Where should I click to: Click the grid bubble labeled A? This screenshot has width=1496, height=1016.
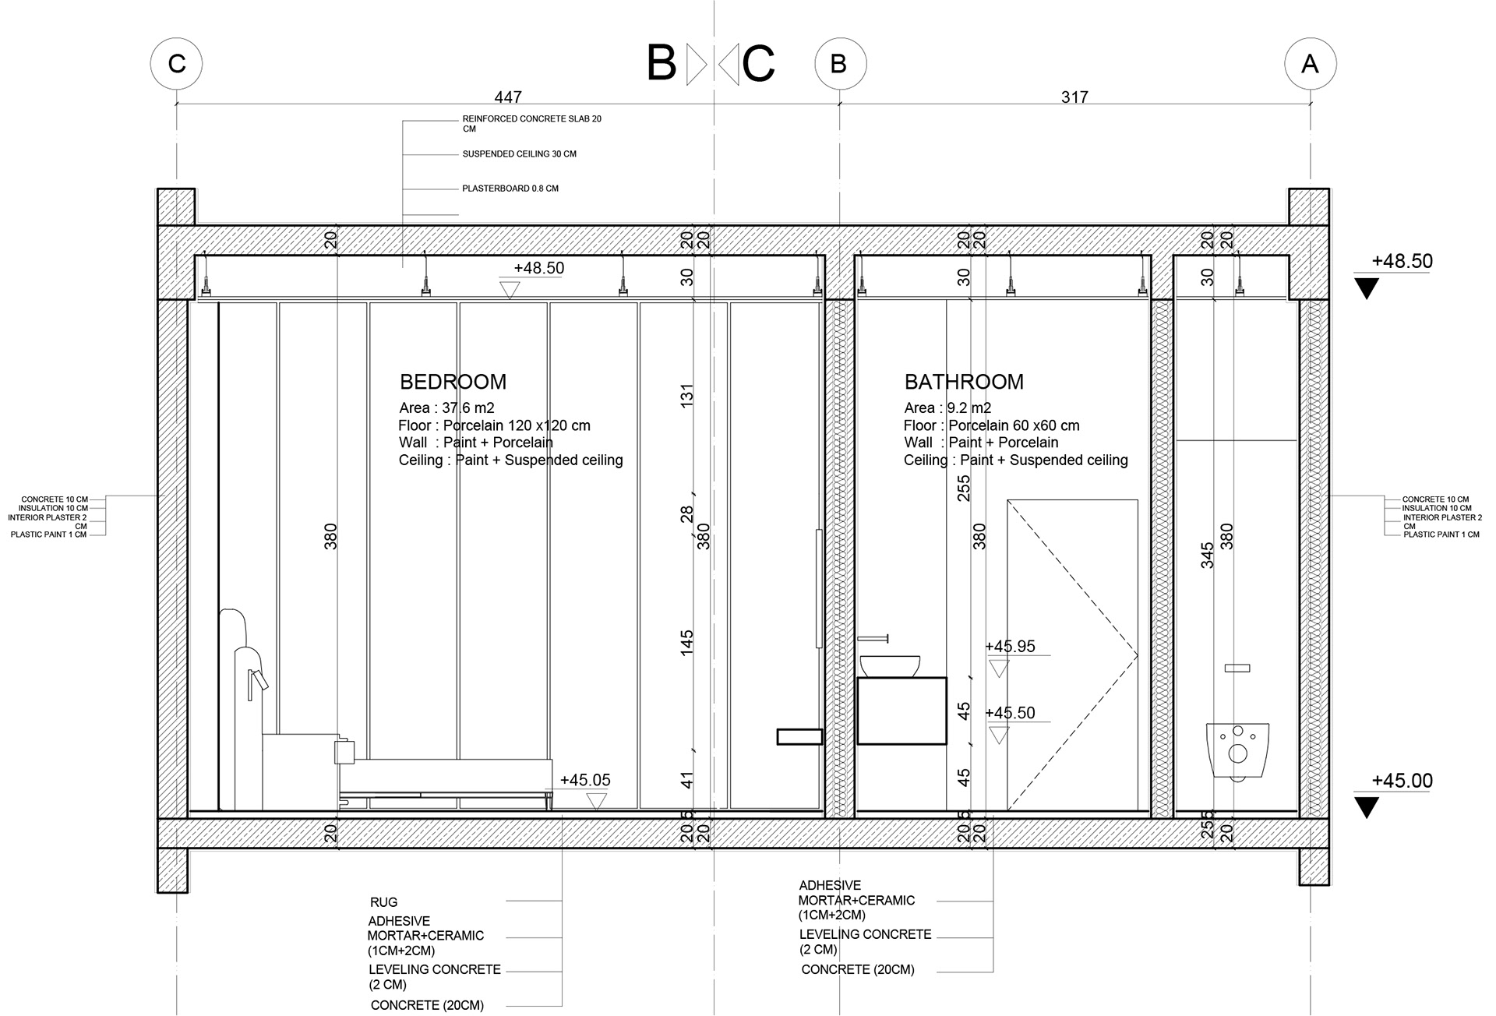point(1310,63)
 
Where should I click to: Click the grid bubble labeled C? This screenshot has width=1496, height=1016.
point(177,63)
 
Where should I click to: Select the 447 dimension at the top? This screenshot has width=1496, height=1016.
point(507,97)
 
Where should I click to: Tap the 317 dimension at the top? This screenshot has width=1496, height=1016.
point(1074,97)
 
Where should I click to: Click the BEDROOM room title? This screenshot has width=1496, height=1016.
point(453,382)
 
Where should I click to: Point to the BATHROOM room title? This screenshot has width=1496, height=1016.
point(964,382)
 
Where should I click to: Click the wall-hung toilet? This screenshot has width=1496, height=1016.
point(1237,751)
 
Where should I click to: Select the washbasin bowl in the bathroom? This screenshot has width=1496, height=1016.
point(890,665)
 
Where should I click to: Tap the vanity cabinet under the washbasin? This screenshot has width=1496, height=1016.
point(901,711)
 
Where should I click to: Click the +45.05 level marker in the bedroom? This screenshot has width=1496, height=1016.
point(585,781)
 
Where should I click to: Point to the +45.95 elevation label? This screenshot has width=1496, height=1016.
point(1010,647)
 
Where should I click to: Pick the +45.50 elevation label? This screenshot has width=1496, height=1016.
point(1010,714)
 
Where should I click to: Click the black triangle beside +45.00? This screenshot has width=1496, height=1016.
point(1367,807)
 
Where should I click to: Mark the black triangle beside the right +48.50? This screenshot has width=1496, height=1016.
point(1367,289)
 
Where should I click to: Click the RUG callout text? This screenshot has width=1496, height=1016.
point(383,902)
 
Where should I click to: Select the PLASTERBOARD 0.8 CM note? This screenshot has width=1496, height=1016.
point(510,189)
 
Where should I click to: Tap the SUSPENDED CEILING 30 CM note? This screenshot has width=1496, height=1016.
point(520,154)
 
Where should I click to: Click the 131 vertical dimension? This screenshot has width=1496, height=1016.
point(686,395)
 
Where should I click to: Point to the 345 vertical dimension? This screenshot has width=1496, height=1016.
point(1207,556)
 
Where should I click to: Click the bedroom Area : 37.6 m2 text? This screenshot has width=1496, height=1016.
point(446,408)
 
